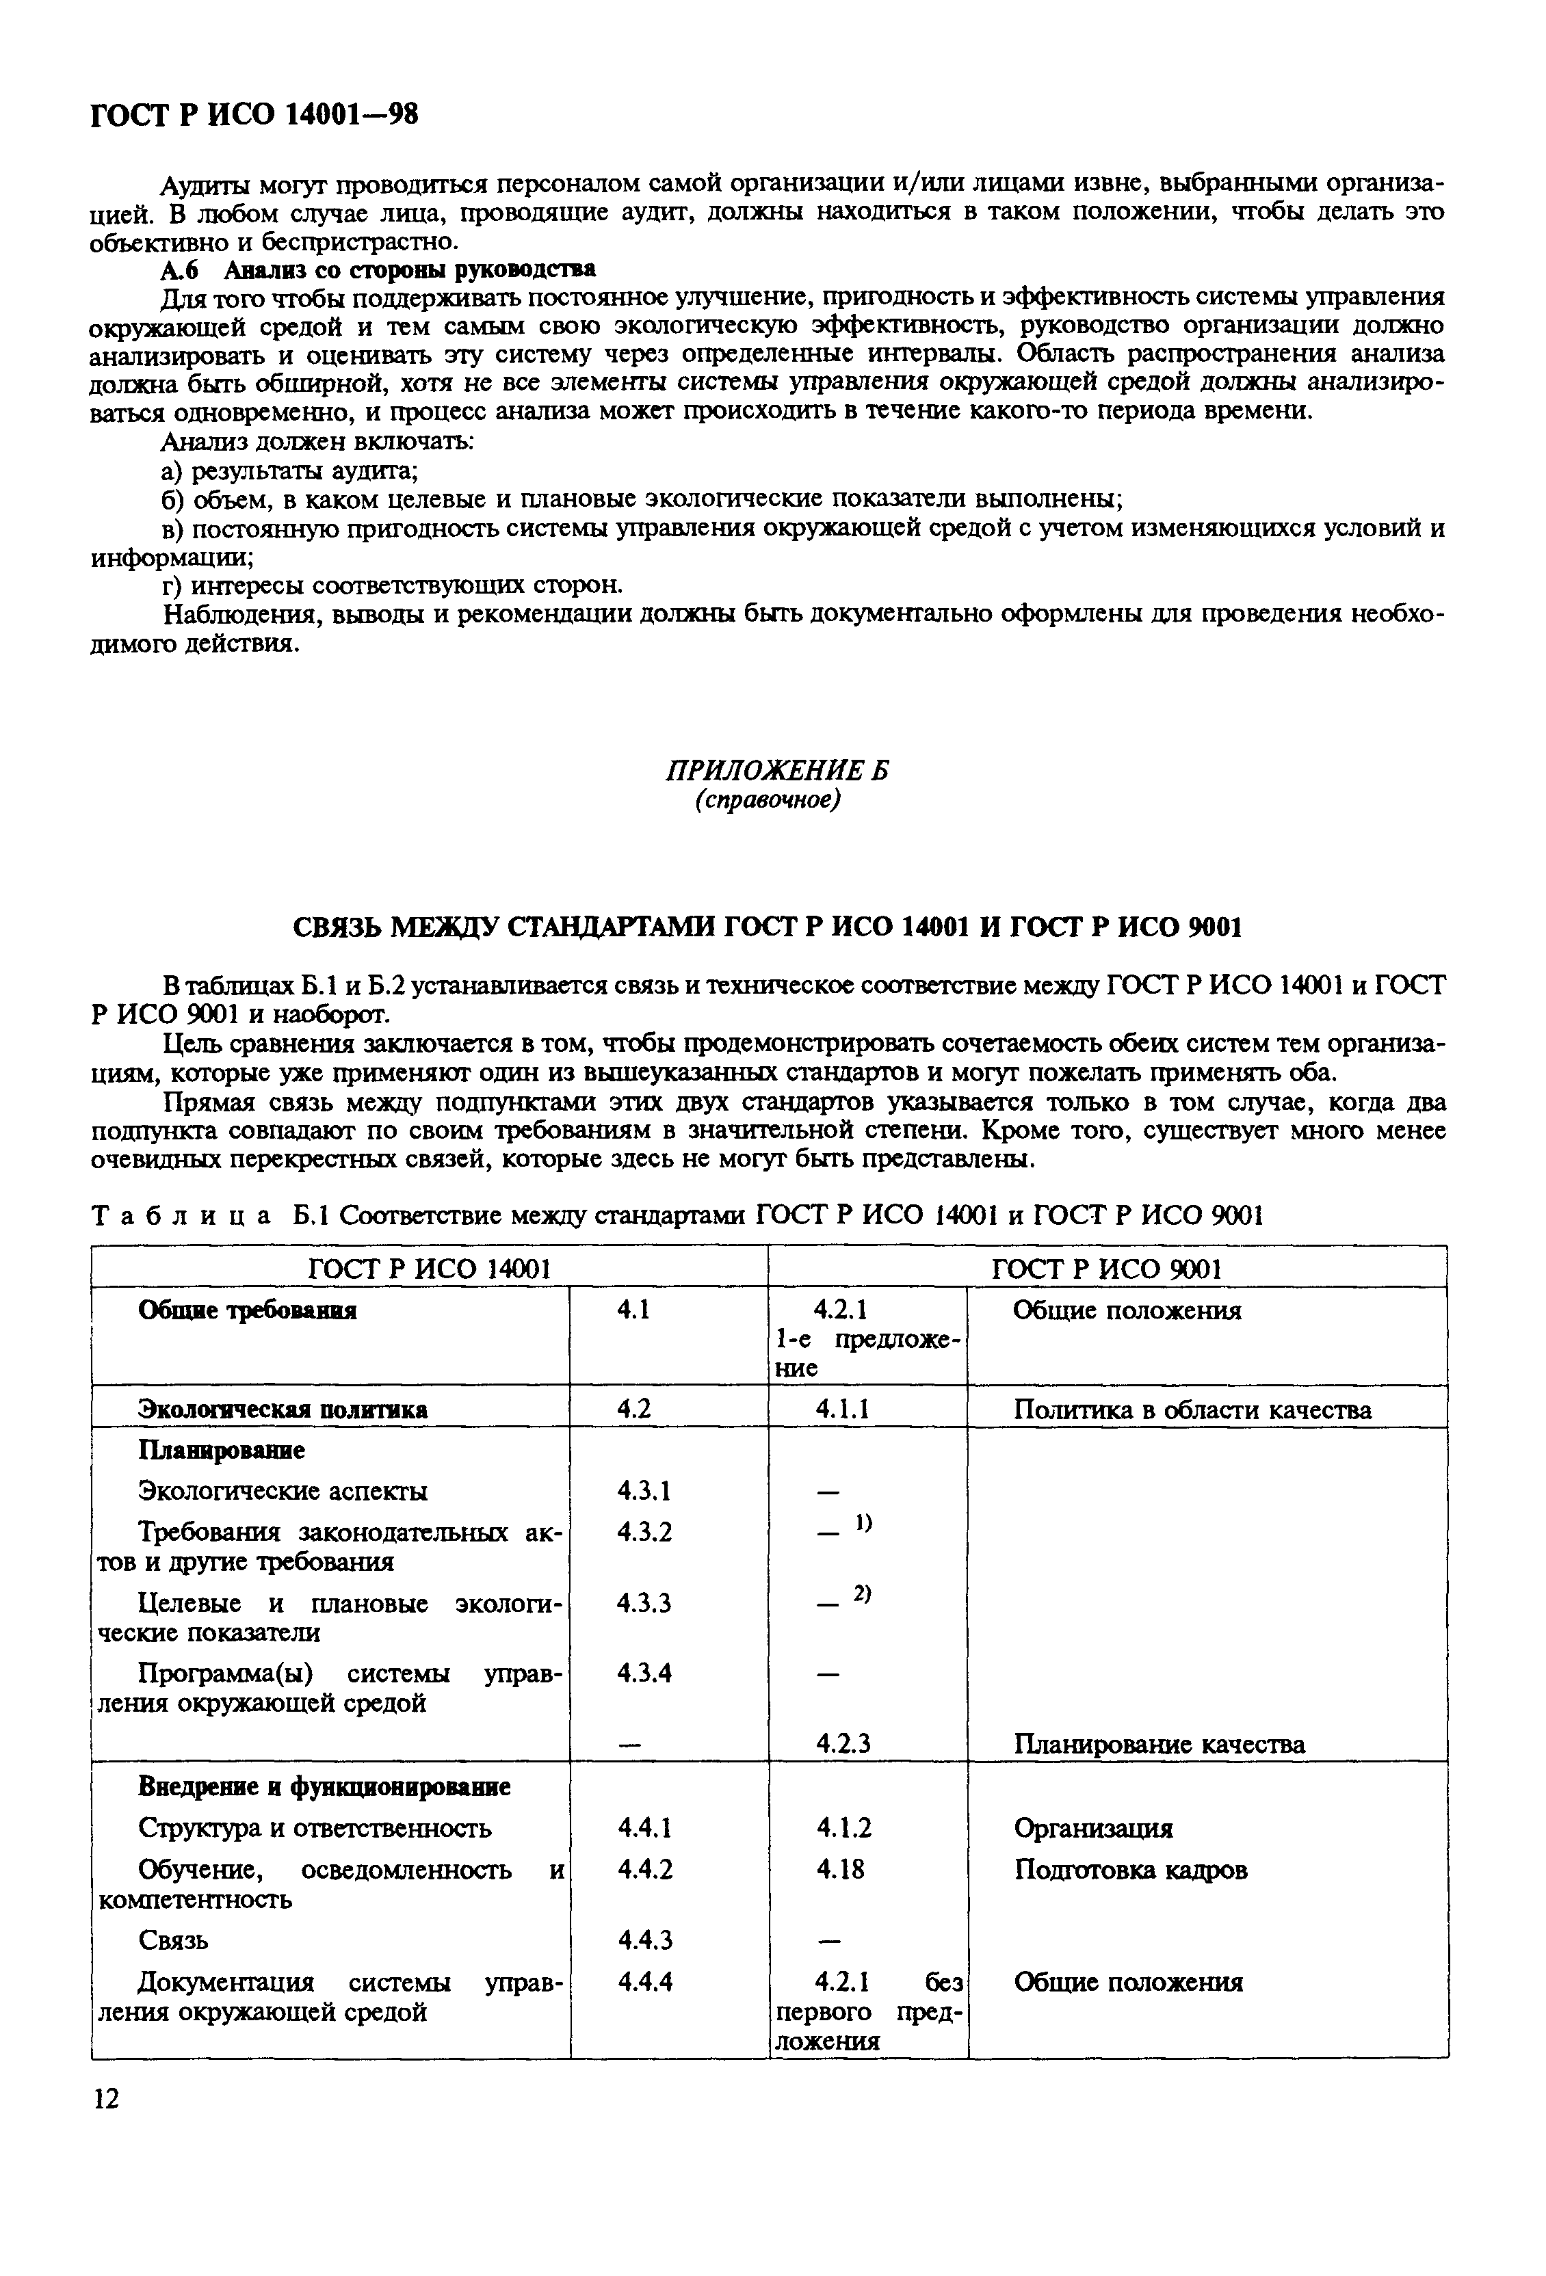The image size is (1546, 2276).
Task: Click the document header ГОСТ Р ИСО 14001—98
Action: (x=254, y=116)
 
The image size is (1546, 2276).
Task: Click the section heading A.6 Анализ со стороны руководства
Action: (x=378, y=268)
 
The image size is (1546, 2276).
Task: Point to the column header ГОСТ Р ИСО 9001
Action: (x=1106, y=1269)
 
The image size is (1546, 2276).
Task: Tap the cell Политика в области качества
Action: (x=1192, y=1410)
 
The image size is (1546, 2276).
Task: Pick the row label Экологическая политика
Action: (x=282, y=1410)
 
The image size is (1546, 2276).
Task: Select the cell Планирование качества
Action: (x=1158, y=1744)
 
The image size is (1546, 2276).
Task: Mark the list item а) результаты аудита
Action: (x=291, y=471)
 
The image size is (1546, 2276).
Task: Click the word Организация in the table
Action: (x=1092, y=1827)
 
